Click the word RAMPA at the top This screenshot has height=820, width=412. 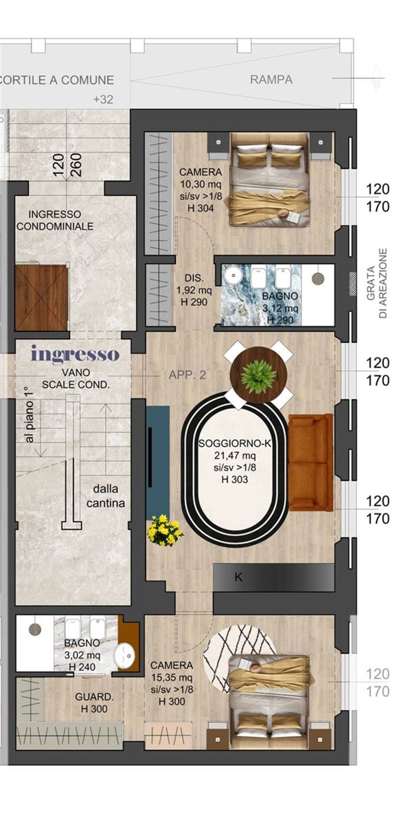[271, 80]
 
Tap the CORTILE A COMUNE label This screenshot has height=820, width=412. [56, 80]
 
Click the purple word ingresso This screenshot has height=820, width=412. [75, 355]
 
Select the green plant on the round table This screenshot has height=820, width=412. [258, 376]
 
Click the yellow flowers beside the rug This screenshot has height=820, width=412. [165, 530]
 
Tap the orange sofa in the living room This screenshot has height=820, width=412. [310, 463]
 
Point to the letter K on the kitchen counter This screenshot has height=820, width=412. [239, 577]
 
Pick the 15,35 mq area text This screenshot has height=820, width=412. [172, 677]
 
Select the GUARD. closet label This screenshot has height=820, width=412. [94, 697]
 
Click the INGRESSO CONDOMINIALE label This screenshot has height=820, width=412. [55, 220]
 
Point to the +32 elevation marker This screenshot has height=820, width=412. [103, 100]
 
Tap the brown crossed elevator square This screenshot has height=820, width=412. [42, 298]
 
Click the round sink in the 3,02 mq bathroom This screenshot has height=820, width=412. [124, 653]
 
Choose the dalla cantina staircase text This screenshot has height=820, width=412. [109, 496]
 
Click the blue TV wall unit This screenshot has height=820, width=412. [158, 461]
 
